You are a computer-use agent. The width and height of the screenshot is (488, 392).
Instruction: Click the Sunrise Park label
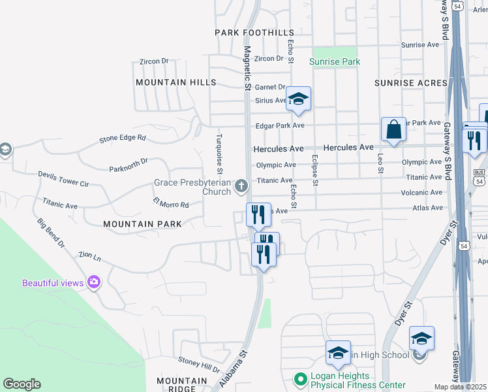pyautogui.click(x=334, y=62)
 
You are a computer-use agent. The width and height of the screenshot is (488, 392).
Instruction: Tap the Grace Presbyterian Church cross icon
pyautogui.click(x=241, y=187)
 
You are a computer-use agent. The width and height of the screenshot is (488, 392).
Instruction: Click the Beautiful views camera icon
pyautogui.click(x=95, y=282)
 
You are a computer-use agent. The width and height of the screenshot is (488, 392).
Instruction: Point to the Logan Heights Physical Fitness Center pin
pyautogui.click(x=300, y=378)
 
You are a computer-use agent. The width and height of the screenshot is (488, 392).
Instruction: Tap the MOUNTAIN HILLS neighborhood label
pyautogui.click(x=175, y=82)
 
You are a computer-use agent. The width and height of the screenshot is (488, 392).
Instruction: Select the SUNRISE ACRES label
pyautogui.click(x=411, y=83)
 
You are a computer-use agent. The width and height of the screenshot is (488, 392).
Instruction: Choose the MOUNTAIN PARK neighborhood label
pyautogui.click(x=142, y=223)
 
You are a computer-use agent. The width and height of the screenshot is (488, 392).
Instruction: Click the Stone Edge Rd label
pyautogui.click(x=123, y=139)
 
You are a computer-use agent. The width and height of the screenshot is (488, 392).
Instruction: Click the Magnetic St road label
pyautogui.click(x=247, y=68)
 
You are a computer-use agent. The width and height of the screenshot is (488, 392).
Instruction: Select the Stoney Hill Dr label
pyautogui.click(x=199, y=365)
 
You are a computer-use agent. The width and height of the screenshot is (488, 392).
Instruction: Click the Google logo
pyautogui.click(x=22, y=384)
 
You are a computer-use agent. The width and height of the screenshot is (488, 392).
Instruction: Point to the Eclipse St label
pyautogui.click(x=314, y=171)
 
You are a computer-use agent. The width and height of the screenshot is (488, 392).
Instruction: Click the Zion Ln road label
pyautogui.click(x=89, y=255)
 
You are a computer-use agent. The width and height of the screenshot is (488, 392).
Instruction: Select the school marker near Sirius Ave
pyautogui.click(x=298, y=99)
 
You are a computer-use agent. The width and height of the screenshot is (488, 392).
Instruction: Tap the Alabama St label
pyautogui.click(x=234, y=370)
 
